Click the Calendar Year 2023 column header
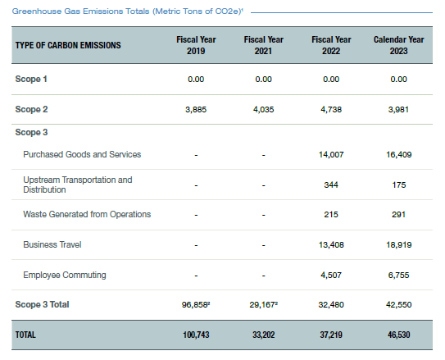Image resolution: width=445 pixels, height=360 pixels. pos(399,45)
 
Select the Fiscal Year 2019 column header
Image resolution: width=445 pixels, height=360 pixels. pos(196,45)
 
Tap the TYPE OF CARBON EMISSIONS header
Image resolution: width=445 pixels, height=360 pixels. pos(68,45)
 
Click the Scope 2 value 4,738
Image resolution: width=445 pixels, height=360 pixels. pos(331,110)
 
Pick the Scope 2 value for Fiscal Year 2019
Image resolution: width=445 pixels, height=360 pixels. pos(196,110)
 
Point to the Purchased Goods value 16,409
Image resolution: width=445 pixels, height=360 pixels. pos(399,155)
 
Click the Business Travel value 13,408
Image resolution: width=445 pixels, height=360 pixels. pos(331,244)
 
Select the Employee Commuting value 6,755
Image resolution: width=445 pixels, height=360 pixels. pos(399,275)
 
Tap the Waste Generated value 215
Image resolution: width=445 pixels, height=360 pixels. pos(331,214)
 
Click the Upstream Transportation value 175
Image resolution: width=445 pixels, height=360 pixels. pos(399,185)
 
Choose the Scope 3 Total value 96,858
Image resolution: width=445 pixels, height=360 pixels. pos(196,304)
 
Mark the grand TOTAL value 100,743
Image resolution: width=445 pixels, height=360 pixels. pos(196,335)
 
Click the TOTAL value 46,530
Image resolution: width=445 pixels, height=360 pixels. pos(399,335)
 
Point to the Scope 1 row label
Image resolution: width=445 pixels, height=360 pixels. pos(31,79)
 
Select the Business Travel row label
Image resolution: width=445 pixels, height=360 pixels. pos(52,244)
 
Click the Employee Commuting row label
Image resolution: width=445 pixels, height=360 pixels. pos(65,275)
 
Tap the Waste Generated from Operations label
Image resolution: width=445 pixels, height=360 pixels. pos(87,214)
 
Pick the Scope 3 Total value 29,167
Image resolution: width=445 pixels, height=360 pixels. pos(264,304)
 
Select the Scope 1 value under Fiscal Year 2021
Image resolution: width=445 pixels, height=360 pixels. pos(264,80)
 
